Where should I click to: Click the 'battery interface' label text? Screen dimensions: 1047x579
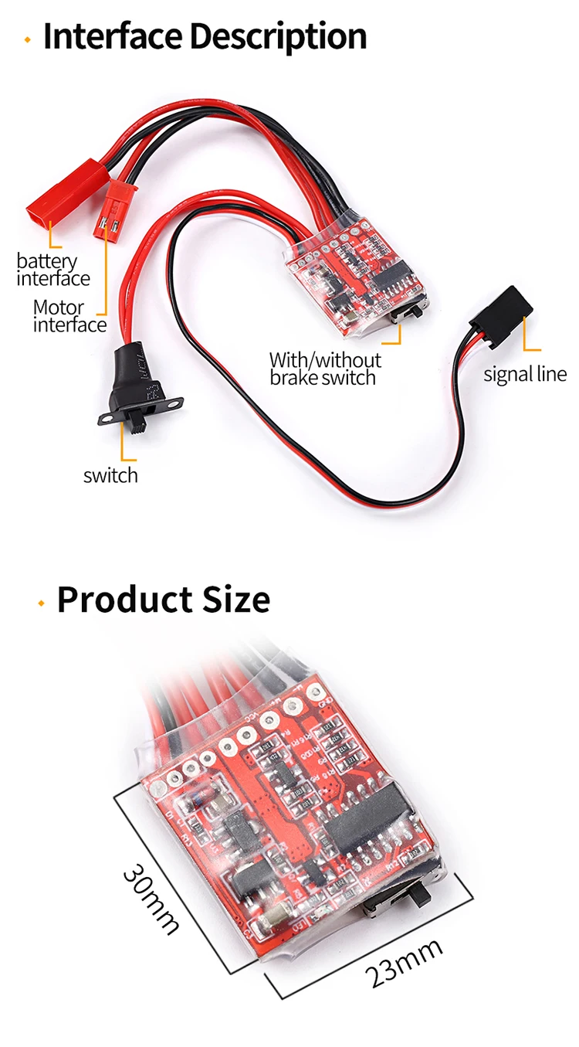point(52,270)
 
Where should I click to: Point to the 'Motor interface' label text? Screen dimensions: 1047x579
point(69,316)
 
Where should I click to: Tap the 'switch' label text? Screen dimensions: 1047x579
point(110,475)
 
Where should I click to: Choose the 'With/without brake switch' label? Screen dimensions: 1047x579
point(325,369)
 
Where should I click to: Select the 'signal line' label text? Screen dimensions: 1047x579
point(525,375)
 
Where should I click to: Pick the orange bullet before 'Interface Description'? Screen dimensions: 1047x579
point(28,39)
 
